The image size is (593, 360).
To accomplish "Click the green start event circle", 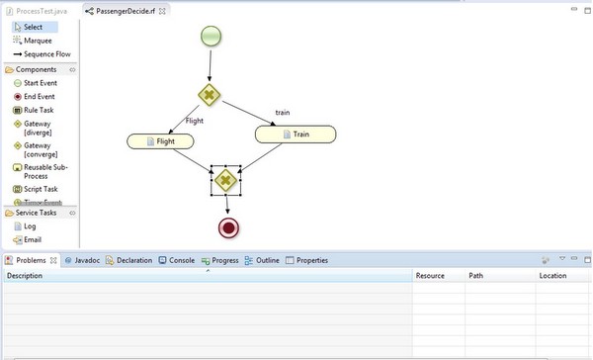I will click(211, 38).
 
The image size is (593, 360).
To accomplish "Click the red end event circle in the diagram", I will click(229, 227).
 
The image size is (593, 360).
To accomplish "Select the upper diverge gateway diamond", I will click(210, 96).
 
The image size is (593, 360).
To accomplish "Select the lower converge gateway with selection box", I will click(226, 180).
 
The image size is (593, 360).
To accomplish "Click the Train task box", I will click(296, 133).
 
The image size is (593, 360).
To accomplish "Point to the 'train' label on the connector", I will click(283, 113).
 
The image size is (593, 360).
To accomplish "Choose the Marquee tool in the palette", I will click(37, 41).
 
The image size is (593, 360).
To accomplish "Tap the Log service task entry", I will click(30, 225).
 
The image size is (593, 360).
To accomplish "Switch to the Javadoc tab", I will click(87, 260).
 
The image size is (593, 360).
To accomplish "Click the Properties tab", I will click(311, 260).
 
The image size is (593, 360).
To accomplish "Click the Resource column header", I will click(430, 276).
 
